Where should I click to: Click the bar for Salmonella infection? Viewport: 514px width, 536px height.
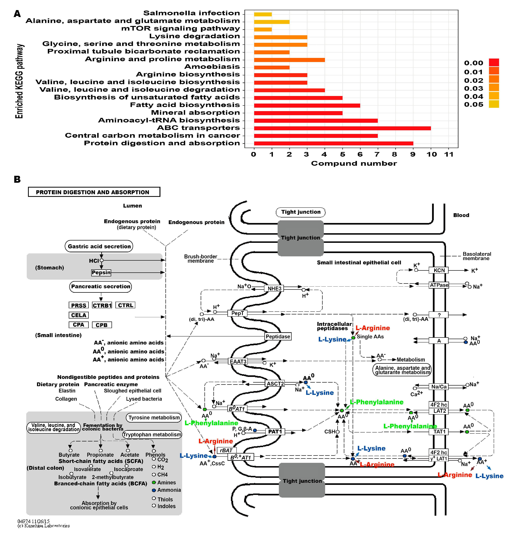click(263, 14)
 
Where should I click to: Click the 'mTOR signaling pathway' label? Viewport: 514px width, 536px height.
click(180, 28)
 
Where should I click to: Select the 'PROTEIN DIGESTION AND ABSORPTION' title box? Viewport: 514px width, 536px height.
click(94, 192)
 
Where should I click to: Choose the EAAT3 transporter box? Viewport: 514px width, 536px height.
click(238, 361)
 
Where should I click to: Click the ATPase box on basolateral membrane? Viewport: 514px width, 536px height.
click(439, 285)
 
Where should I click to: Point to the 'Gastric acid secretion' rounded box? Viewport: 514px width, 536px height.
click(99, 246)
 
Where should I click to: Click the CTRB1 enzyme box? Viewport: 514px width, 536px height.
click(102, 305)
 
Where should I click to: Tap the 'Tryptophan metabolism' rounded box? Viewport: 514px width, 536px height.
click(152, 434)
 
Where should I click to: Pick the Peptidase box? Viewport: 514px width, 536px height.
click(278, 336)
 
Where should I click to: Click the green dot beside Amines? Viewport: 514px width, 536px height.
click(154, 482)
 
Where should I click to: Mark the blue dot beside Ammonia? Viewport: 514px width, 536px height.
click(154, 490)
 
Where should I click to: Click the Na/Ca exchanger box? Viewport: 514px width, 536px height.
click(439, 386)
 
